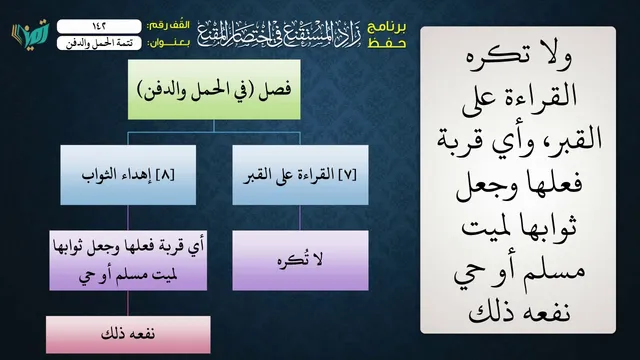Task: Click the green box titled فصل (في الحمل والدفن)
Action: coord(214,89)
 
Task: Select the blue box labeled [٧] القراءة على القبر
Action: coord(300,175)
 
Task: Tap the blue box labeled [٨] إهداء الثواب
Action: coord(128,175)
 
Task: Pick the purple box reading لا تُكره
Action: coord(300,260)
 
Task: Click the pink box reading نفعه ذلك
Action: coord(128,334)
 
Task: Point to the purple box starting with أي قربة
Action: coord(128,260)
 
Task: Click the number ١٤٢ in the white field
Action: coord(99,26)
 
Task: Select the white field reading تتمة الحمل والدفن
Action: coord(99,43)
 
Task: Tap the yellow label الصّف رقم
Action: coord(169,25)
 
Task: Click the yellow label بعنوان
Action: coord(169,43)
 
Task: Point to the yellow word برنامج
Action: coord(387,27)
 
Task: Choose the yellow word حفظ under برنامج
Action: coord(387,43)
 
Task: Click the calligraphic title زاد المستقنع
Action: coord(279,34)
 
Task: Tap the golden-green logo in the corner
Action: coord(31,33)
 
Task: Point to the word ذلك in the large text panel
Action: coord(485,312)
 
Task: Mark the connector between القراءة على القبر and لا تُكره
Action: coord(300,218)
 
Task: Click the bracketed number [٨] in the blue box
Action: coord(165,175)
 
